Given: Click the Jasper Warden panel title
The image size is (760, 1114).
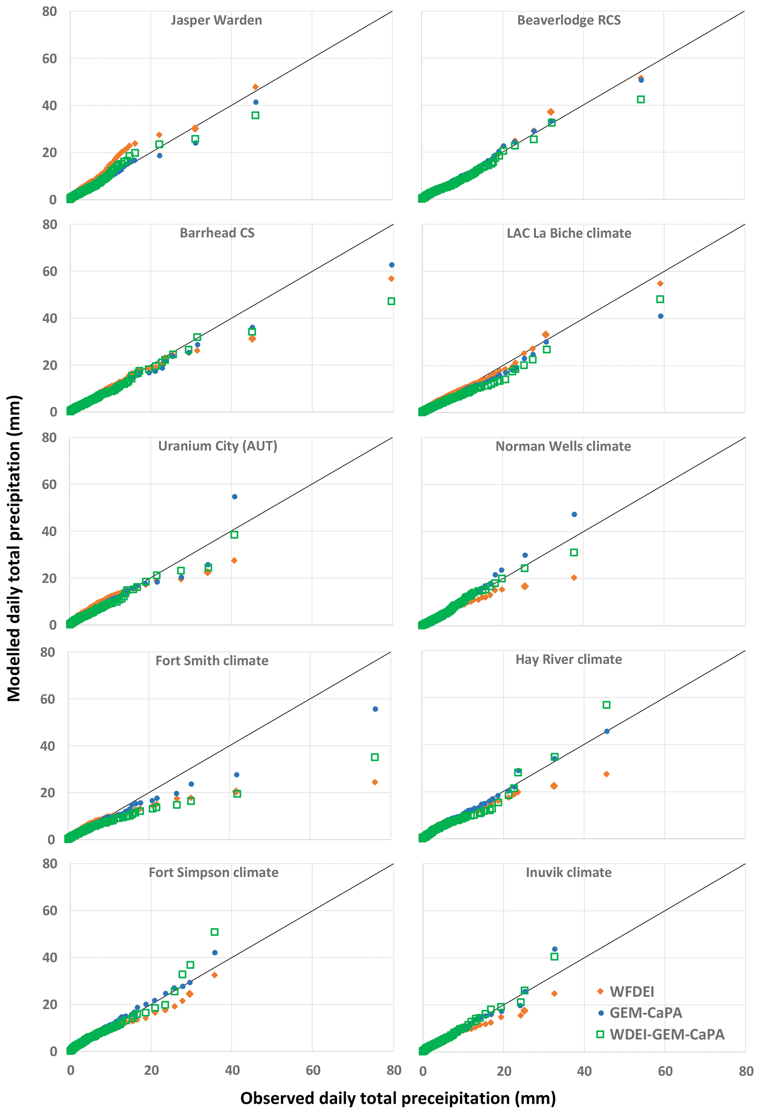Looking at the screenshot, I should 216,20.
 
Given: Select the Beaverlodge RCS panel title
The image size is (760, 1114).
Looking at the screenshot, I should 569,20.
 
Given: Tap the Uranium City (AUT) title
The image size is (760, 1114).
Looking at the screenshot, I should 218,446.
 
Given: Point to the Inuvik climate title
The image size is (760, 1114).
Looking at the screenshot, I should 569,872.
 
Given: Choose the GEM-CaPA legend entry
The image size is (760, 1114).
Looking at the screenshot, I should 645,1013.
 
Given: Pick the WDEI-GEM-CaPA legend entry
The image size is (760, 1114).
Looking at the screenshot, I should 667,1035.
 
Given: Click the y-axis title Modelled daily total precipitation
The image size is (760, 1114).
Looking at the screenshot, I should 14,549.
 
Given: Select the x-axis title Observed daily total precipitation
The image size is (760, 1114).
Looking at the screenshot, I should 398,1098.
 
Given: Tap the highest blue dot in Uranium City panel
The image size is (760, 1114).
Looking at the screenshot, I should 235,497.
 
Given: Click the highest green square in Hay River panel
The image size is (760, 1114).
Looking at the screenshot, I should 607,705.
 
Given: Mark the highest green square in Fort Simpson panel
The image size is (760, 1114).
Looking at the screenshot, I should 215,932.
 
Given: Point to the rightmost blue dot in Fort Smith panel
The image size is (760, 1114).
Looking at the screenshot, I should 375,709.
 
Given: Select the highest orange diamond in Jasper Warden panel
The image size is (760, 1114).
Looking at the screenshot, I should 256,87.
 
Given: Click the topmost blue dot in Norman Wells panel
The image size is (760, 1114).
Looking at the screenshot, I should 574,514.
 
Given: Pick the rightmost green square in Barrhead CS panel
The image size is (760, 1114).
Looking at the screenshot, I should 391,301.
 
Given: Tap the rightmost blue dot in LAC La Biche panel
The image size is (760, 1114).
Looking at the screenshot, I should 661,316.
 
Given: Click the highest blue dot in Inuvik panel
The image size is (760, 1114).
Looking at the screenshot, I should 555,949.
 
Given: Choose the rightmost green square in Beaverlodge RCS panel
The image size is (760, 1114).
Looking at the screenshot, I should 641,99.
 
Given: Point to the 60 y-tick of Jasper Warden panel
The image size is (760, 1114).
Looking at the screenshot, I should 49,58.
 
